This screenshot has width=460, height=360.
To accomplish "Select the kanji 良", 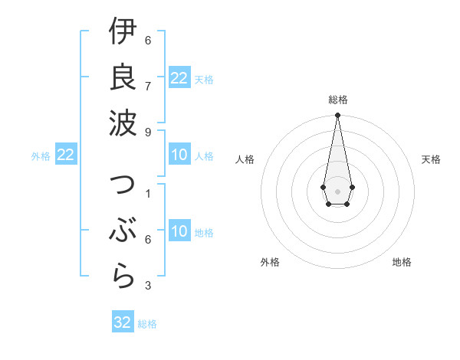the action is [x=123, y=77].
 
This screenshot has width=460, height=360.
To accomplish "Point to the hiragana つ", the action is [x=123, y=187].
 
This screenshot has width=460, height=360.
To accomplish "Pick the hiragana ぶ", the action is [x=123, y=231].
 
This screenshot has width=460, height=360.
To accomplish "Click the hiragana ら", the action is [x=123, y=276].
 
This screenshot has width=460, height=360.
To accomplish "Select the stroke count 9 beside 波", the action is [x=148, y=132].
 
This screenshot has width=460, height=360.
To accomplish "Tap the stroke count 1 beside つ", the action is [x=148, y=193].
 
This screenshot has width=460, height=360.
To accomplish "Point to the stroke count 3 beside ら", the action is [x=148, y=286].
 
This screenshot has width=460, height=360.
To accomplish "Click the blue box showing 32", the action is [x=123, y=322].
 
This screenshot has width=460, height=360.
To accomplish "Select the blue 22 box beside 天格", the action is [x=179, y=78].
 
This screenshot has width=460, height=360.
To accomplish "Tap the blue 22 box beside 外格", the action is [x=66, y=155].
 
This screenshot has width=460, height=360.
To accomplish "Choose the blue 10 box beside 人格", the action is [x=179, y=155].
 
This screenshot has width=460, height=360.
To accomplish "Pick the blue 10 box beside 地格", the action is [x=179, y=231].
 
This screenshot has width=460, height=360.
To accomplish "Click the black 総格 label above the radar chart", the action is [x=338, y=100].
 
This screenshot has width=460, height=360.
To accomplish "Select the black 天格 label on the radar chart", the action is [x=432, y=159].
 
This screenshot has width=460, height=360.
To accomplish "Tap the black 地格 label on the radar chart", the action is [x=402, y=262].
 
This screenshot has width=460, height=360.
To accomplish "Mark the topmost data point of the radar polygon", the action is [x=338, y=116].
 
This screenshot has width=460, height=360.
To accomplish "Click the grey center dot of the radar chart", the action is [x=338, y=191].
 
